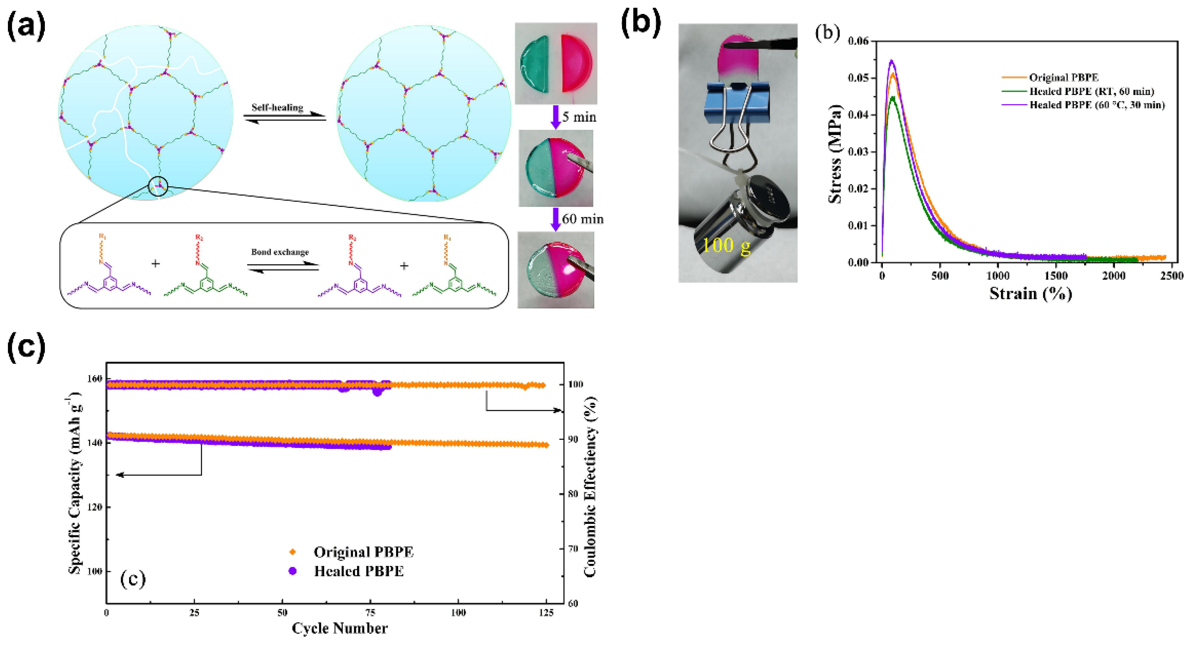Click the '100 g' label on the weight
[726, 245]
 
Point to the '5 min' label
[579, 117]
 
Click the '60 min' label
[582, 219]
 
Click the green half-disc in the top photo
[534, 63]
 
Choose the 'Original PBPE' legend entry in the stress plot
[1063, 78]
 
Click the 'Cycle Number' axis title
[340, 628]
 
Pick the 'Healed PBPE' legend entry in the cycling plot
[359, 571]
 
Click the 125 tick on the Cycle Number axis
[547, 613]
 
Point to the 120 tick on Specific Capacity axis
[94, 507]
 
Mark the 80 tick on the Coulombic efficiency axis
[573, 494]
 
